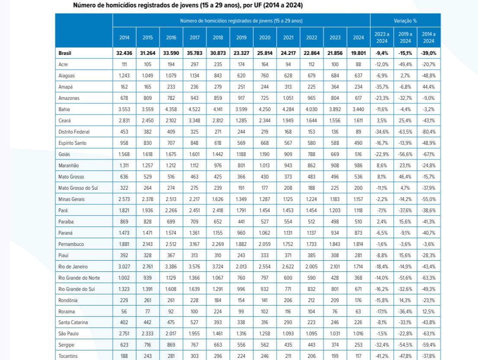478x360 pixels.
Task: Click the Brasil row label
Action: (x=65, y=53)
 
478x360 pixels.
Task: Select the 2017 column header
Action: (x=194, y=38)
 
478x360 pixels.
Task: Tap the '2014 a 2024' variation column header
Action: (x=429, y=38)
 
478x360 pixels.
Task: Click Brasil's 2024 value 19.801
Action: (x=359, y=53)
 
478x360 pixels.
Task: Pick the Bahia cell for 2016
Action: (x=171, y=109)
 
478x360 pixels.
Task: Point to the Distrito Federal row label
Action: (x=74, y=132)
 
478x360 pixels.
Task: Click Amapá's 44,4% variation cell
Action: (x=429, y=87)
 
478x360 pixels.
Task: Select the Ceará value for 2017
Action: (x=194, y=121)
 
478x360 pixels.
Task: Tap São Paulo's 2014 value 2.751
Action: (x=124, y=334)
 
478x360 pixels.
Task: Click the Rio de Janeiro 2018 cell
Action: (x=218, y=266)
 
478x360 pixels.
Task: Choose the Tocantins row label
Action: (x=68, y=356)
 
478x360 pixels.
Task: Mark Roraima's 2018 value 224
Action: (x=218, y=312)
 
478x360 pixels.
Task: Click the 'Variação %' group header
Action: (x=405, y=21)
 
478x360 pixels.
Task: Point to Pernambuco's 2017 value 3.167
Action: (x=194, y=244)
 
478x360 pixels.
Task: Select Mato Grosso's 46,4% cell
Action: (x=405, y=176)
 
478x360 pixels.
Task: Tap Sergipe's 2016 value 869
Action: (x=171, y=345)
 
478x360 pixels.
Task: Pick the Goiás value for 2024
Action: (x=359, y=154)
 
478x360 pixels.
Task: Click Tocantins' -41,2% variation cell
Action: (x=382, y=356)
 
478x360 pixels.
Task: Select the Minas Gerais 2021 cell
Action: (x=288, y=199)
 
